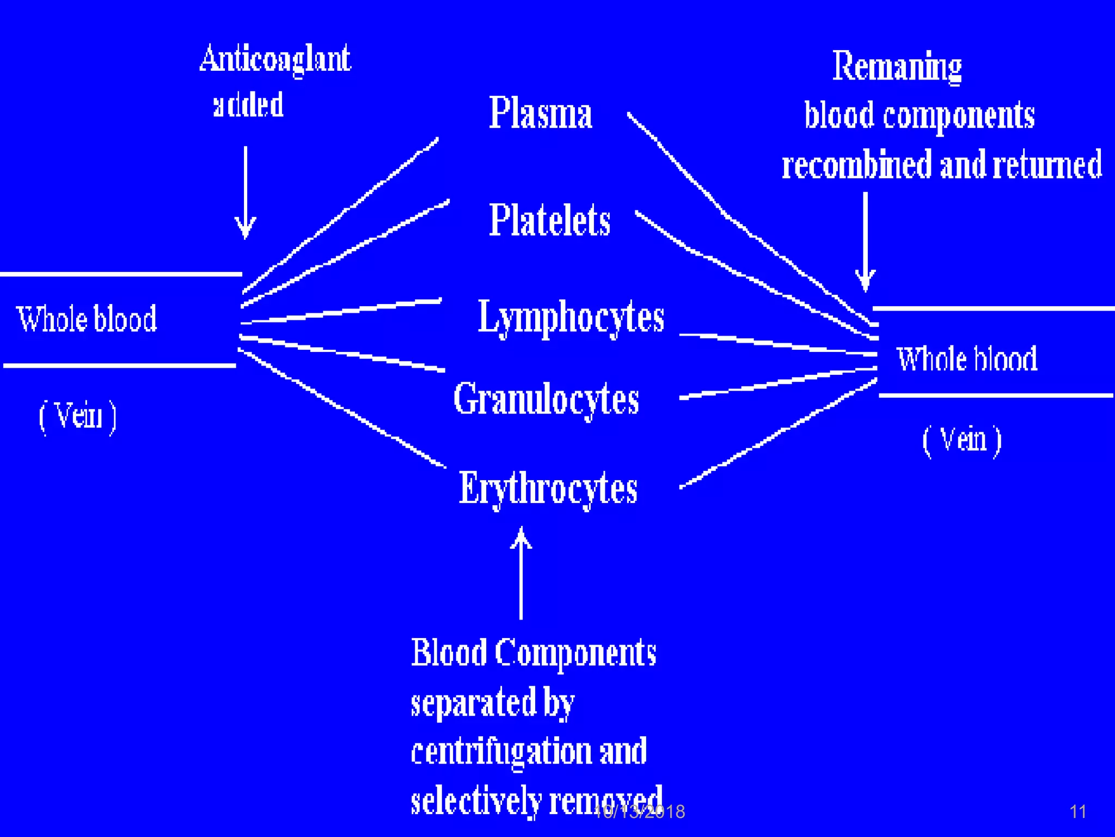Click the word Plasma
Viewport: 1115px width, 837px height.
pos(540,113)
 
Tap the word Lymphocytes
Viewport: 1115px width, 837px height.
pos(571,317)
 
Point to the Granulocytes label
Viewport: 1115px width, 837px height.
pos(546,399)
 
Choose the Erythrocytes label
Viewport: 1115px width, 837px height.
pos(548,489)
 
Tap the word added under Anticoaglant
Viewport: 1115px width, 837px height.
pos(248,105)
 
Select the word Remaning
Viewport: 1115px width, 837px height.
pos(897,66)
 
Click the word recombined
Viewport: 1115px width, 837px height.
pos(856,165)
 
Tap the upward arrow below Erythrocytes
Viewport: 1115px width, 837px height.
pos(521,572)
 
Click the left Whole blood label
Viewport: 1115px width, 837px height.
pos(87,319)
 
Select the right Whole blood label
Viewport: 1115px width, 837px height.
pos(967,359)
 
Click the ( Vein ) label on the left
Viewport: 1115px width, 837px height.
pos(77,416)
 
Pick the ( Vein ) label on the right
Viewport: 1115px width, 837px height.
pos(962,440)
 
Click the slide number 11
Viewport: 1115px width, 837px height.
pos(1077,812)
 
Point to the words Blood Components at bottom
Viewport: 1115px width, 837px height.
pos(533,652)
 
